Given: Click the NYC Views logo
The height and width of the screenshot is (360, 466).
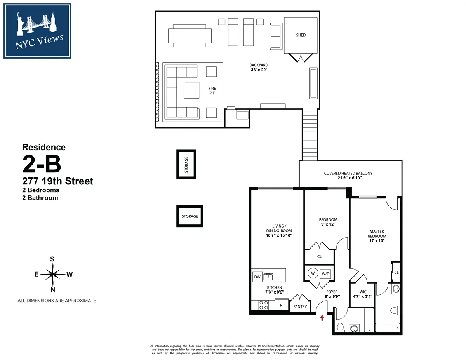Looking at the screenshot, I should tap(38, 31).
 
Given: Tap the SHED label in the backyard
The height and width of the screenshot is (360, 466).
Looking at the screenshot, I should tap(301, 35).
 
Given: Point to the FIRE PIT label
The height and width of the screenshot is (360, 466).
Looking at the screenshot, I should tap(212, 91).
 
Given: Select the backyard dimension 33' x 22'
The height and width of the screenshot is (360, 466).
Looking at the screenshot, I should tap(259, 70).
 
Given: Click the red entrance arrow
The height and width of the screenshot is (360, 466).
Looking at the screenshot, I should tap(322, 318).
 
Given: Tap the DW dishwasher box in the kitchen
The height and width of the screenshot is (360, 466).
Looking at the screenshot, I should tap(257, 277).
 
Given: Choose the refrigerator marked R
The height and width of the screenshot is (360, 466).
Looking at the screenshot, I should tap(281, 305).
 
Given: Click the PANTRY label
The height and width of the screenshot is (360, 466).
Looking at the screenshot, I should tap(300, 306).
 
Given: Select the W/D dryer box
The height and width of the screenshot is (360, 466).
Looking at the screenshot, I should tap(326, 273).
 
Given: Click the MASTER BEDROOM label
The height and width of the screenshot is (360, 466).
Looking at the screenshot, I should tap(377, 234).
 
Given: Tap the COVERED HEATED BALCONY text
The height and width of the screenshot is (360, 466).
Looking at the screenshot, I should tap(348, 173).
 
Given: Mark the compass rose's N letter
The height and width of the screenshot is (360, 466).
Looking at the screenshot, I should tap(53, 289).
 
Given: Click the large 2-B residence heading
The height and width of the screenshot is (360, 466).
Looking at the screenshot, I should tap(42, 164).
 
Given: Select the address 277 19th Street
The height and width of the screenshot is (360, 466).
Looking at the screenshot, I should tap(58, 181).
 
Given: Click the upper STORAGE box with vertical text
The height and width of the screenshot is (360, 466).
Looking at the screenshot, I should tap(186, 164).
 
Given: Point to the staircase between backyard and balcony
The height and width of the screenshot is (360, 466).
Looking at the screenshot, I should tap(310, 135).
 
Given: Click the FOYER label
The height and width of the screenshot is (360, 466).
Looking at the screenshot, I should tap(332, 292).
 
